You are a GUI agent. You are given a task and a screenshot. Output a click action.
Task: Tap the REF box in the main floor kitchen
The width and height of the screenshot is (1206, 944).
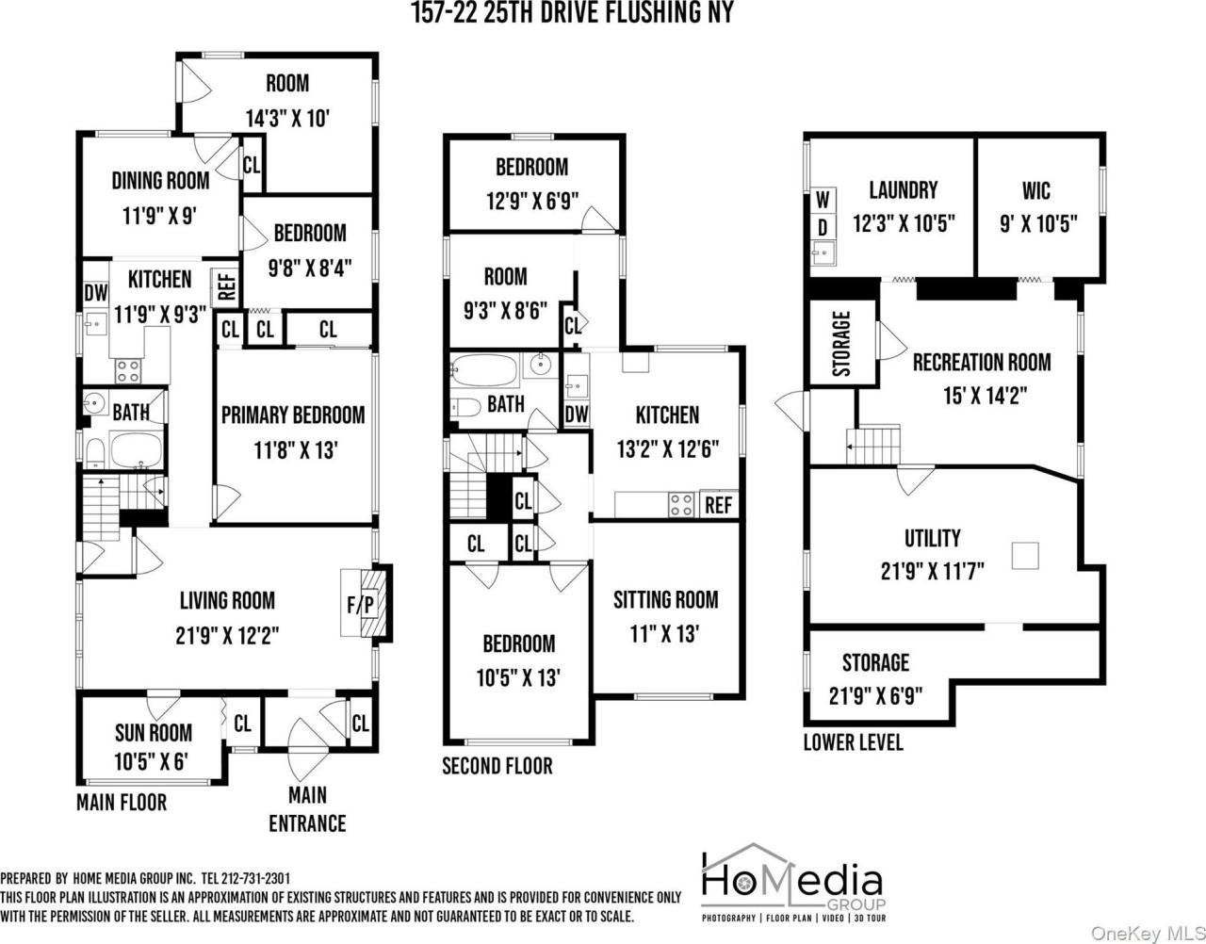click(x=227, y=285)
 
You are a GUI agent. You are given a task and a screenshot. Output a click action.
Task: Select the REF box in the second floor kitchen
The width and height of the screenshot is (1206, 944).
click(x=718, y=504)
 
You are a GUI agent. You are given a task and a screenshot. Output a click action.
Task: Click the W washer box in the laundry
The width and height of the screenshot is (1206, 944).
click(x=823, y=200)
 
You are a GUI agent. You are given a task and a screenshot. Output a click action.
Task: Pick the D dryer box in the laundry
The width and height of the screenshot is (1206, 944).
click(x=823, y=226)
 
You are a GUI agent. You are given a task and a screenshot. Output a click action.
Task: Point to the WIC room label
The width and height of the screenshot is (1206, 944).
click(x=1036, y=191)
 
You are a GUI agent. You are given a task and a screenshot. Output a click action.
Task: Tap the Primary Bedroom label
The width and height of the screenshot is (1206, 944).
click(x=292, y=415)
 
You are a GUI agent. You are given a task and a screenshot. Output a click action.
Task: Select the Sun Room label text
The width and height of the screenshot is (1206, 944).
click(x=153, y=732)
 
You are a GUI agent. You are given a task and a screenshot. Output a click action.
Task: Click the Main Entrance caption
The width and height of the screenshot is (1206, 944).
click(x=307, y=810)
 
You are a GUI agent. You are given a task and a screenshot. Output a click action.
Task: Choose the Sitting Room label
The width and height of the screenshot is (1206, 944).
click(x=665, y=599)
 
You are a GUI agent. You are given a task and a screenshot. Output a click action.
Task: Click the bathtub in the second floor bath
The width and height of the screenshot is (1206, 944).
click(x=483, y=369)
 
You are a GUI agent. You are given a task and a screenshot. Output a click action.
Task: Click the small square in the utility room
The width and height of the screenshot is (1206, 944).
click(x=1025, y=555)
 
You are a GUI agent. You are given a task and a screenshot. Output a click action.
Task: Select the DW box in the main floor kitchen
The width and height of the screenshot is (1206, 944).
click(x=95, y=292)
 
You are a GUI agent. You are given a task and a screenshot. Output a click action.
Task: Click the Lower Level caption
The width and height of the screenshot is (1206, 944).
click(x=853, y=741)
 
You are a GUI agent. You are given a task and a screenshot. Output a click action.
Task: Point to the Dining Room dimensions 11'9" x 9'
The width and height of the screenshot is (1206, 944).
click(x=160, y=215)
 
